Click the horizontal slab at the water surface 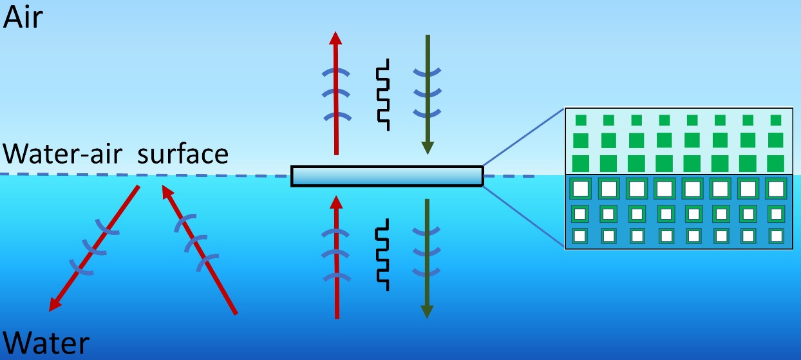386,176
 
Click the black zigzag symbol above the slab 383,94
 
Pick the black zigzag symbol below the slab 383,254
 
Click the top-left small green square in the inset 581,120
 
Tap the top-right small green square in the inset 776,120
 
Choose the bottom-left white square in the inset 580,236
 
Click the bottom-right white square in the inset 776,236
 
